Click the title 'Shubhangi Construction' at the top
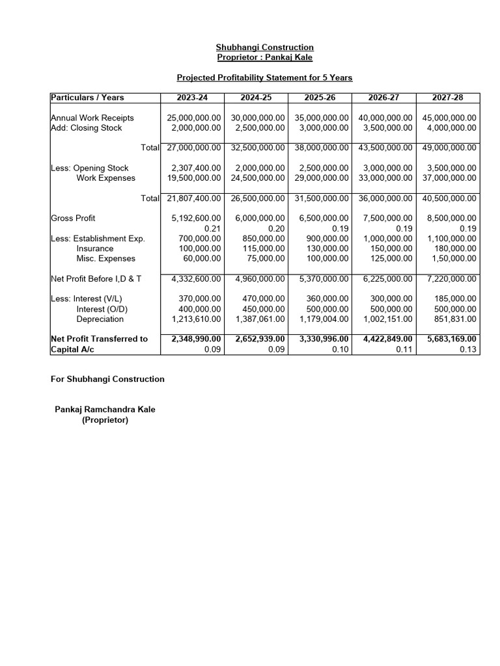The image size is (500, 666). (x=264, y=47)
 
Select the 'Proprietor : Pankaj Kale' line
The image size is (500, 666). (x=264, y=57)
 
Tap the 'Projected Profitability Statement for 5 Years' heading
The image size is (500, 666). (x=264, y=78)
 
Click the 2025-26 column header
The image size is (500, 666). (x=320, y=98)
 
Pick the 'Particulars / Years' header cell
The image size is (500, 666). (x=87, y=98)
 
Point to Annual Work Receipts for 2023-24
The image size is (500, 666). (x=194, y=118)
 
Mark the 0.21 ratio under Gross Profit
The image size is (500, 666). (x=213, y=229)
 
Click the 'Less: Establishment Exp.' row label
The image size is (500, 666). (x=98, y=239)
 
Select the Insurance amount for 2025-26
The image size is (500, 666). (x=327, y=248)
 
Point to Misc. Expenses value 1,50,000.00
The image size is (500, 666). (x=451, y=259)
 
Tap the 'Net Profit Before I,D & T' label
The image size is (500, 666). (x=96, y=279)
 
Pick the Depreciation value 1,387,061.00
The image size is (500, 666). (x=259, y=319)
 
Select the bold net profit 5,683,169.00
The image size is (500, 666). (x=451, y=339)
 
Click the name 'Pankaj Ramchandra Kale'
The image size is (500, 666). (x=105, y=410)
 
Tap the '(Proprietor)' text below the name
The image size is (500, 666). (x=105, y=420)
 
